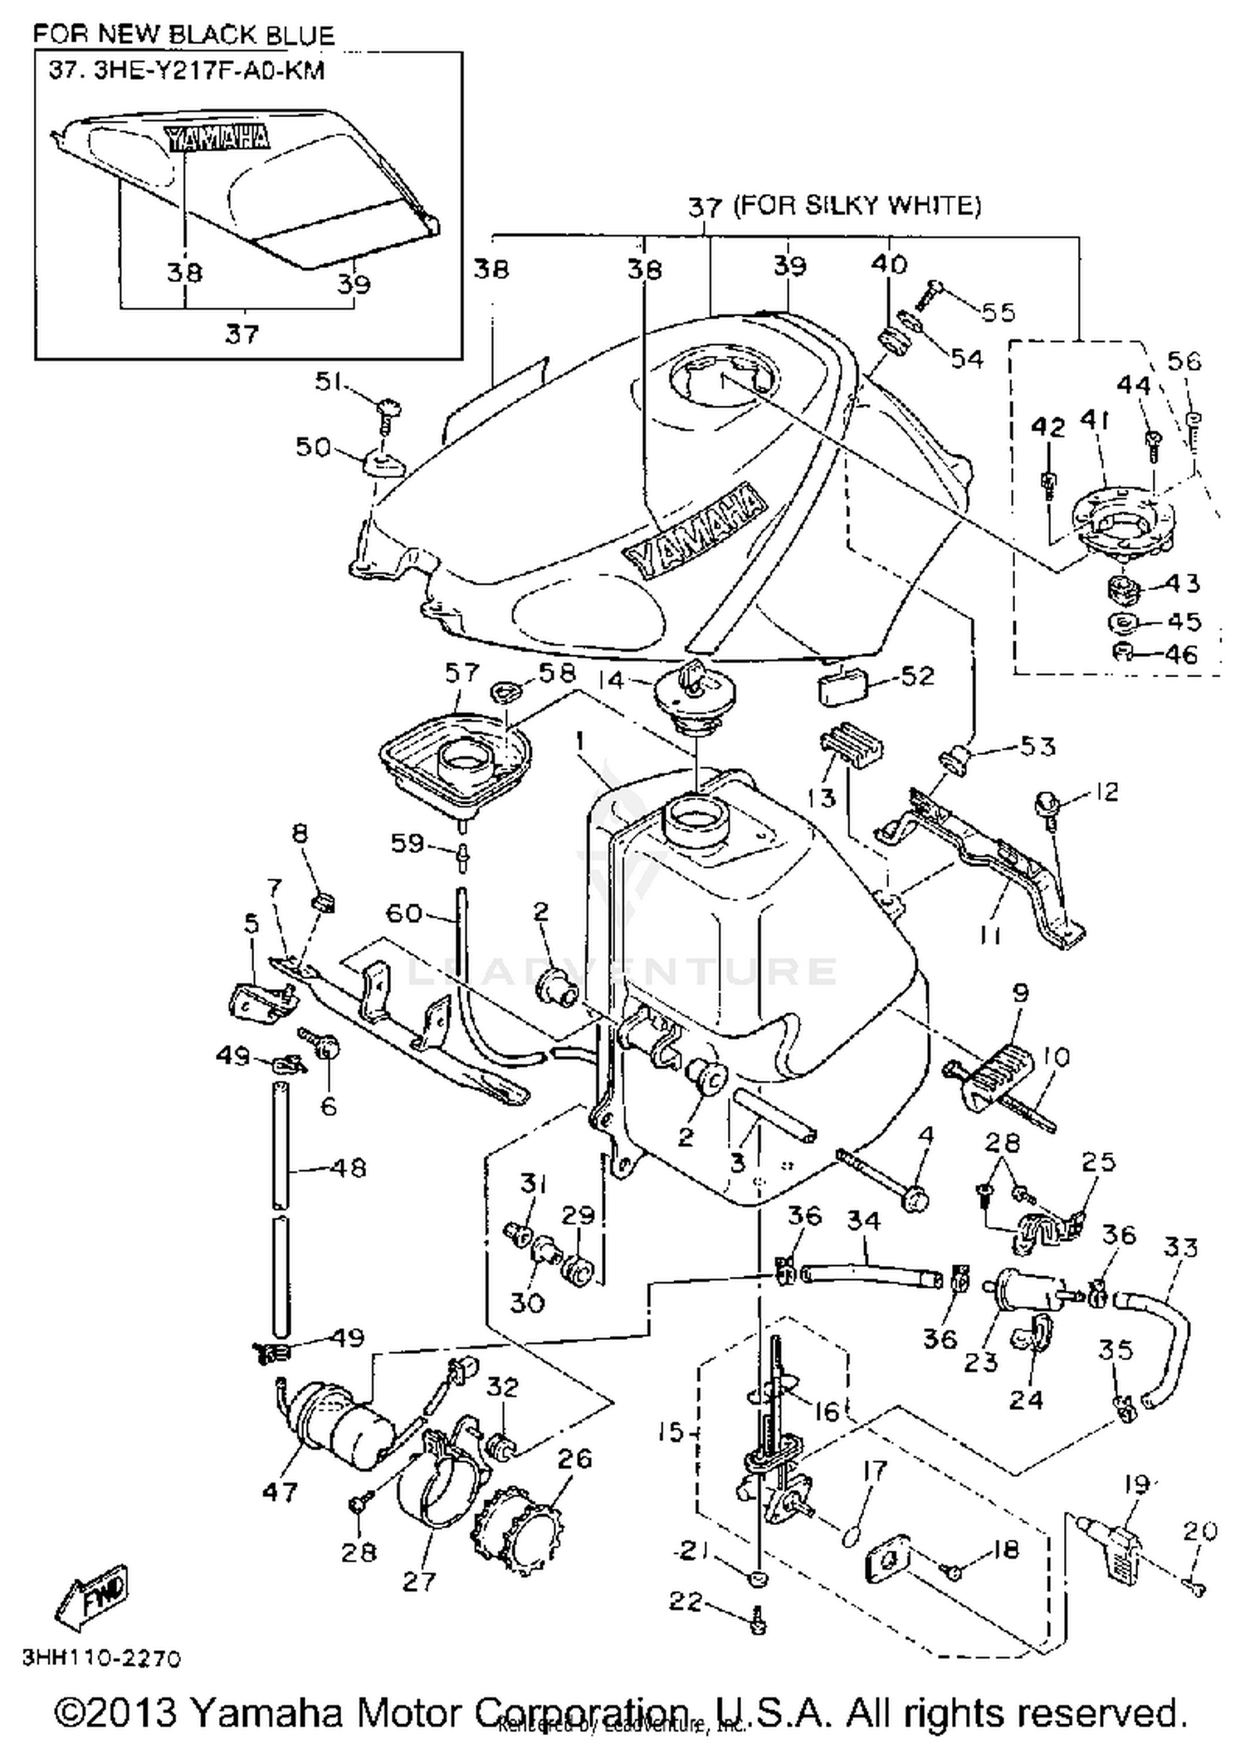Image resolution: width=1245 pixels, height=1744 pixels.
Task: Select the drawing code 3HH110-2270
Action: click(100, 1659)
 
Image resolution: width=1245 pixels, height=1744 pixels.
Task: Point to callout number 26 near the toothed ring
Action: click(574, 1458)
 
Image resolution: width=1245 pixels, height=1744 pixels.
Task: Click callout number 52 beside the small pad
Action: click(917, 676)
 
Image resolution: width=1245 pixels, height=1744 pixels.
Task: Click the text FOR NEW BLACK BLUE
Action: click(183, 35)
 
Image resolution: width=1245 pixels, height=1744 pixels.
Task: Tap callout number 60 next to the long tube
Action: click(405, 913)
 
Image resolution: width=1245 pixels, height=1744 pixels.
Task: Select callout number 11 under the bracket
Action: click(990, 935)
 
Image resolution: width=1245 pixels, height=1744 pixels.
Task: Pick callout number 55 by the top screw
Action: click(998, 312)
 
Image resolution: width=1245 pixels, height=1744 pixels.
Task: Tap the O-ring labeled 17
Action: click(852, 1536)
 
